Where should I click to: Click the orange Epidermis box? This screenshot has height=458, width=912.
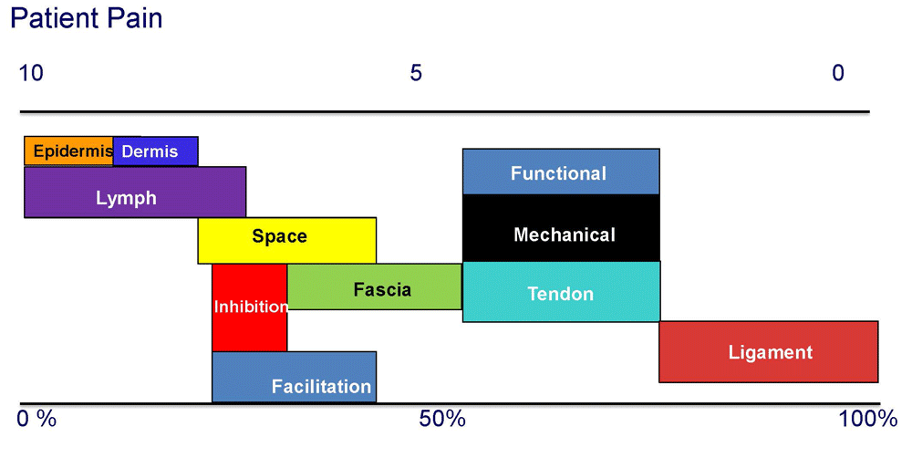pos(68,151)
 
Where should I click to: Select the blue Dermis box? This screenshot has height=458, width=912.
pos(155,151)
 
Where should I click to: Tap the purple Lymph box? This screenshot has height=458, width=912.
pos(135,192)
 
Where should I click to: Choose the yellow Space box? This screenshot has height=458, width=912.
pos(286,240)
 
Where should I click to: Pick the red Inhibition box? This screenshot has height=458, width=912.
pos(250,307)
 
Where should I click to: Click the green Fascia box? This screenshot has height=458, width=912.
pos(375,286)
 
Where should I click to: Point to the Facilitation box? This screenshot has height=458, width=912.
pos(294,377)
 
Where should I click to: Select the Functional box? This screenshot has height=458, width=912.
pos(561,172)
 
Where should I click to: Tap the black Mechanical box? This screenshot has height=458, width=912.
pos(561,228)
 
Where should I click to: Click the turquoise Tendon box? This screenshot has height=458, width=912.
pos(561,292)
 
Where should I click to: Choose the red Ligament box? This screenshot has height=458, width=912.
pos(768,351)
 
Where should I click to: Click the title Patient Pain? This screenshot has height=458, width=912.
pos(86,18)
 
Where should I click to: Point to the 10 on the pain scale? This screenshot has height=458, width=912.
pos(31,73)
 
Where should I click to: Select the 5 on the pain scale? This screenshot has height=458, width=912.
pos(415,73)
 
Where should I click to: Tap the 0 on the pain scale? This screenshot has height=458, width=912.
pos(837,73)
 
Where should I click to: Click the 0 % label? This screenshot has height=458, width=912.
pos(36,419)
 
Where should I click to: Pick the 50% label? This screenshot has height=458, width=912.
pos(442,419)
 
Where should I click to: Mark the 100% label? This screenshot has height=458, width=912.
pos(868,419)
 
